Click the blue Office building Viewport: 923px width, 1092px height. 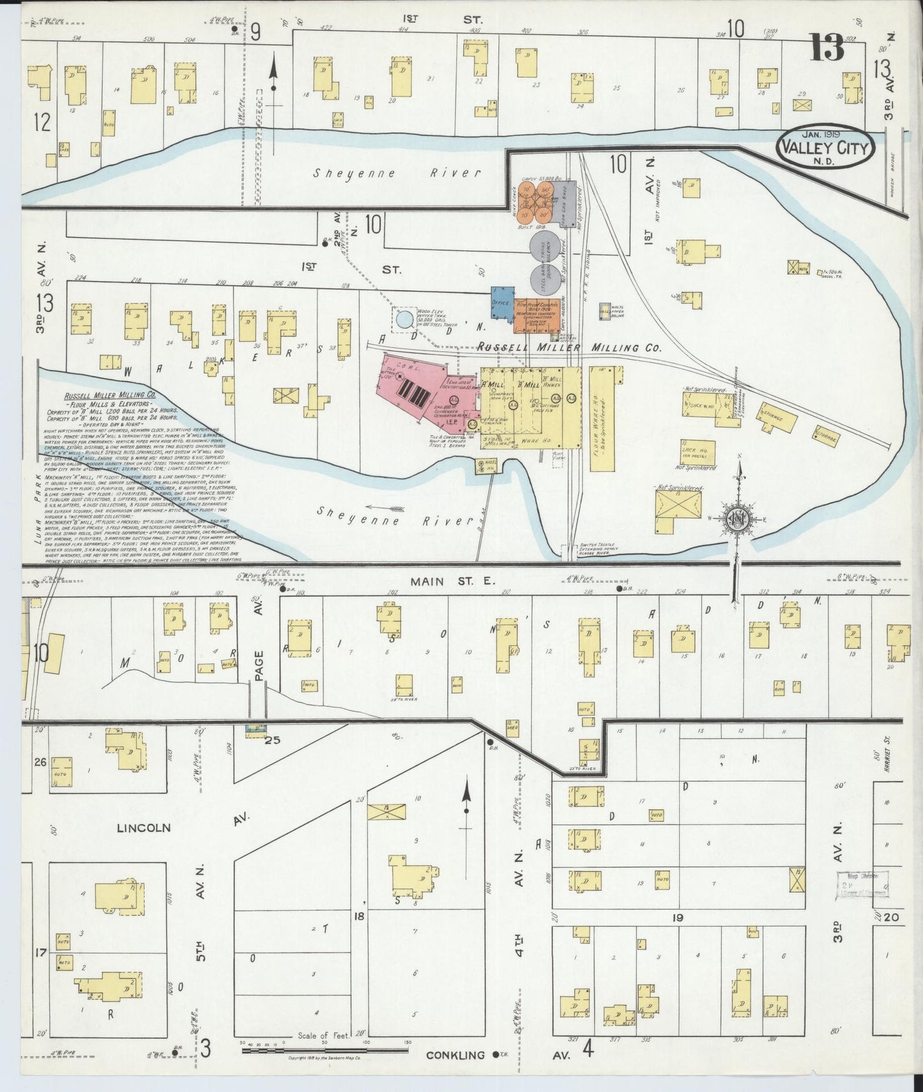pos(502,302)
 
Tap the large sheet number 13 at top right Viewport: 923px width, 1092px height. pos(828,47)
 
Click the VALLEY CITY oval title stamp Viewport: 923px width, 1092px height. pos(824,149)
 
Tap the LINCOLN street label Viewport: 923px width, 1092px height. pos(144,828)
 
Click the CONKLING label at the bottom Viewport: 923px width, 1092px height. pos(456,1055)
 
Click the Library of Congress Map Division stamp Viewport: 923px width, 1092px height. pos(864,885)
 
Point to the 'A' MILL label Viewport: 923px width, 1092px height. pos(492,384)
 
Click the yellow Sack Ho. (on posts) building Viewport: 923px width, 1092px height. pos(698,452)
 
